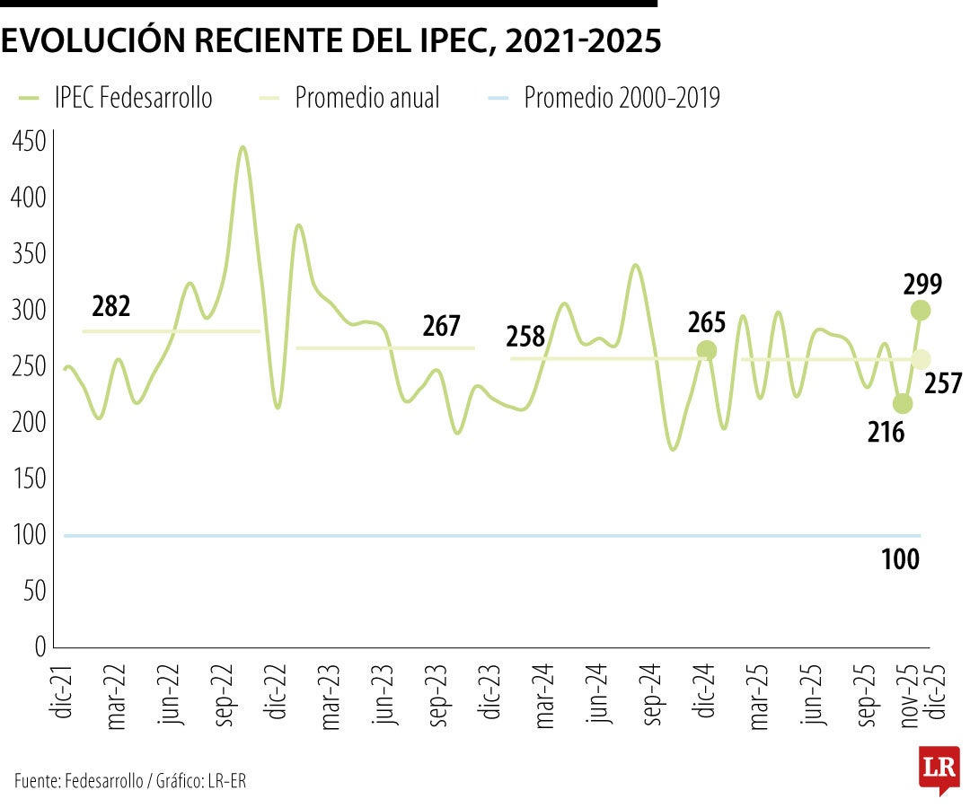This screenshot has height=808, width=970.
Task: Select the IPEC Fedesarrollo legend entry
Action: click(133, 98)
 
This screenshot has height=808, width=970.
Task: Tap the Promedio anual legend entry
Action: click(367, 98)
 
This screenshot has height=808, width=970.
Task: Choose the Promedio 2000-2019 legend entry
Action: click(622, 98)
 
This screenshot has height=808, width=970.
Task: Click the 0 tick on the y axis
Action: click(39, 646)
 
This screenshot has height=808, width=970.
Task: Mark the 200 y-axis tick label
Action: click(28, 423)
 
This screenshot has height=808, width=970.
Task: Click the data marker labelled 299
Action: click(921, 311)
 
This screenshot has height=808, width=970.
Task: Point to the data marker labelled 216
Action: click(903, 404)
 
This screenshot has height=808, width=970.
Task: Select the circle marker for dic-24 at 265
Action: click(707, 350)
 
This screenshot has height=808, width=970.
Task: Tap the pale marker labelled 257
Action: click(921, 359)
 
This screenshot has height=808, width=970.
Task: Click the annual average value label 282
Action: click(111, 307)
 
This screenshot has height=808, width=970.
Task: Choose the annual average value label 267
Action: click(441, 327)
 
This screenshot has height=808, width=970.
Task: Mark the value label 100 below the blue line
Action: click(900, 560)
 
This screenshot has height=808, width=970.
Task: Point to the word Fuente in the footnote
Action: click(36, 781)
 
